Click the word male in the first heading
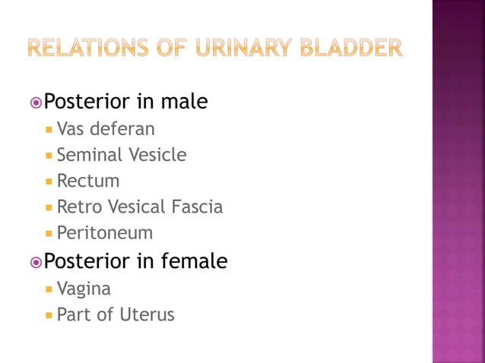183,101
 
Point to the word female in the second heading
193,261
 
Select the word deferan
122,128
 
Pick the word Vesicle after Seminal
157,155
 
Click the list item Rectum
88,181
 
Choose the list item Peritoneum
105,232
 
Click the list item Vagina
84,289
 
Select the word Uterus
147,314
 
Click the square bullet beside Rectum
49,181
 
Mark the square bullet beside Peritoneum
49,233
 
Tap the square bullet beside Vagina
49,289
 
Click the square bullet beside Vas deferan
49,129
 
